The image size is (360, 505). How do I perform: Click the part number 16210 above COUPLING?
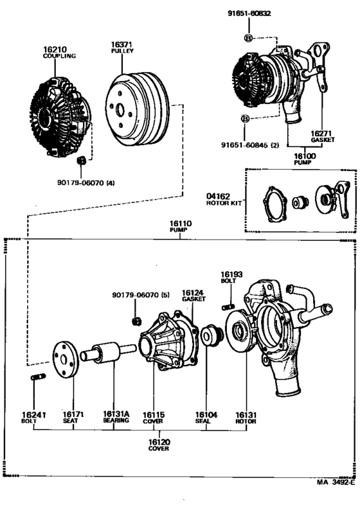[x=55, y=49]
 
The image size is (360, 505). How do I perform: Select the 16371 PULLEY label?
[x=122, y=48]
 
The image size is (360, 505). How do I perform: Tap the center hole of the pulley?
[x=120, y=111]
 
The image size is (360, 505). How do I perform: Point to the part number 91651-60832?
[x=249, y=13]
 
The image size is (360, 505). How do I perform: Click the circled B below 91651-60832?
[x=249, y=38]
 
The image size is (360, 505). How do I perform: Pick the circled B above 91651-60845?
[x=246, y=119]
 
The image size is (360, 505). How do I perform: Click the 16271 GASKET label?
[x=322, y=137]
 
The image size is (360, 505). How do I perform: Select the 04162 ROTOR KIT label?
[x=224, y=199]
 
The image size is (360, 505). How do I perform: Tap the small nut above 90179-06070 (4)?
[x=82, y=160]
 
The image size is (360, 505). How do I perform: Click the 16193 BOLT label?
[x=231, y=278]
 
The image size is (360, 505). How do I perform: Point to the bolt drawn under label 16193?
[x=228, y=306]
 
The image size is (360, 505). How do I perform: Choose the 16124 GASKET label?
[x=194, y=296]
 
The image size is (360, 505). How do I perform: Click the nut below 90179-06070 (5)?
[x=137, y=321]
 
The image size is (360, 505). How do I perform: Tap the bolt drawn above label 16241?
[x=38, y=377]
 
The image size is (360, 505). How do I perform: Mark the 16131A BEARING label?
[x=116, y=417]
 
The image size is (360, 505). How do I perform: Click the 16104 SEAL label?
[x=206, y=418]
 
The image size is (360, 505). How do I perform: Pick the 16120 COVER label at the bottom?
[x=159, y=445]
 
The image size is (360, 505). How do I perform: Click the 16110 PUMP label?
[x=181, y=226]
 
